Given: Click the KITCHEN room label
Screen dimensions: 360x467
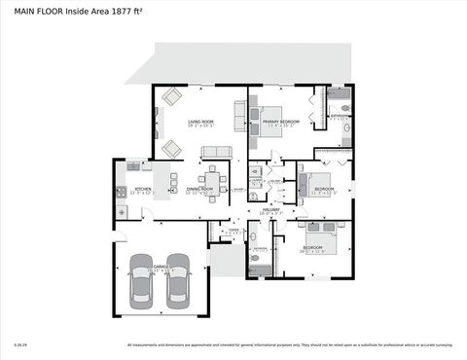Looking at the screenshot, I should pyautogui.click(x=129, y=191).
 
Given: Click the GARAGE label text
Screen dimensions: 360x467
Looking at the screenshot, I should pyautogui.click(x=161, y=266).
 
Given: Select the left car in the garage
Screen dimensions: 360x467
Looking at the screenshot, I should pyautogui.click(x=142, y=286).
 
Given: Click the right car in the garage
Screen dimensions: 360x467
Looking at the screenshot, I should pyautogui.click(x=178, y=286).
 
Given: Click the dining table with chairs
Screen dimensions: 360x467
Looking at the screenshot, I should pyautogui.click(x=213, y=181).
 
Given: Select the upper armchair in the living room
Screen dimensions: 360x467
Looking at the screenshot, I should pyautogui.click(x=171, y=96).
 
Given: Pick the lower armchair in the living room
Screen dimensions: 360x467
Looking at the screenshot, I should pyautogui.click(x=170, y=148).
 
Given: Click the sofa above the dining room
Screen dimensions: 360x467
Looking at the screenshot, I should pyautogui.click(x=216, y=152).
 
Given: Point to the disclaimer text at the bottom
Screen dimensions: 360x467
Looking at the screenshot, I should pyautogui.click(x=290, y=344).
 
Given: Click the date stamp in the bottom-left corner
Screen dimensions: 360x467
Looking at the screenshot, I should pyautogui.click(x=19, y=344).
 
